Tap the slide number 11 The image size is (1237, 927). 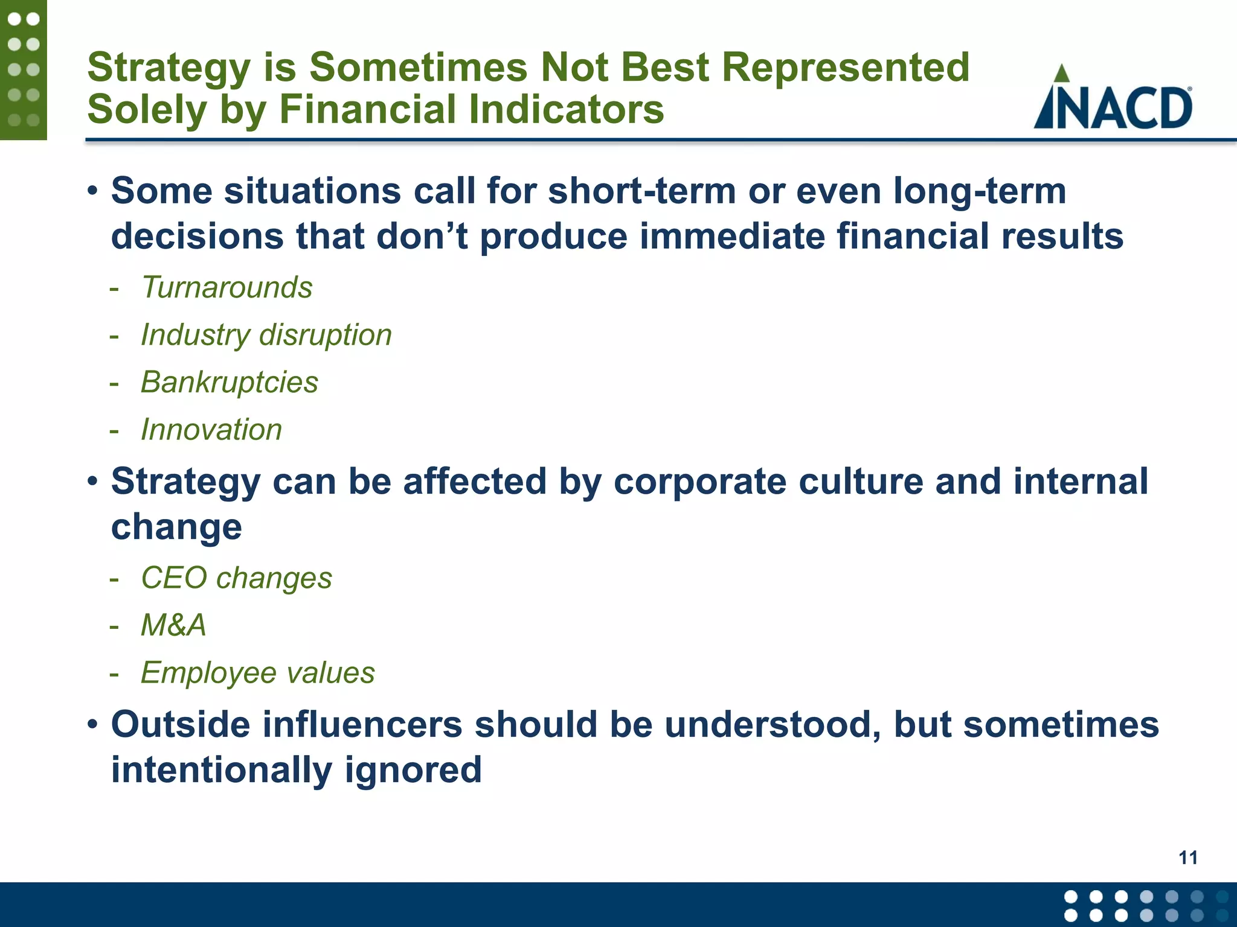point(1187,858)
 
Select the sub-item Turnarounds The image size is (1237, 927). point(227,287)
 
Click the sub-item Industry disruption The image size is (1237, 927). point(266,335)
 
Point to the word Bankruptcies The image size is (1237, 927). point(230,382)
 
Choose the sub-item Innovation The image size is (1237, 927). point(211,430)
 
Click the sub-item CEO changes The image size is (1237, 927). point(236,578)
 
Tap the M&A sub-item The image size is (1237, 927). point(173,625)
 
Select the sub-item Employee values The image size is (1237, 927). point(257,672)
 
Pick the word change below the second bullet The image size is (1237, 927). point(176,527)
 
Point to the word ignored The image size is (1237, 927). point(413,770)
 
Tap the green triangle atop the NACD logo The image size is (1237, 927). point(1061,74)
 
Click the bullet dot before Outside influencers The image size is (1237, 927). point(92,724)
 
